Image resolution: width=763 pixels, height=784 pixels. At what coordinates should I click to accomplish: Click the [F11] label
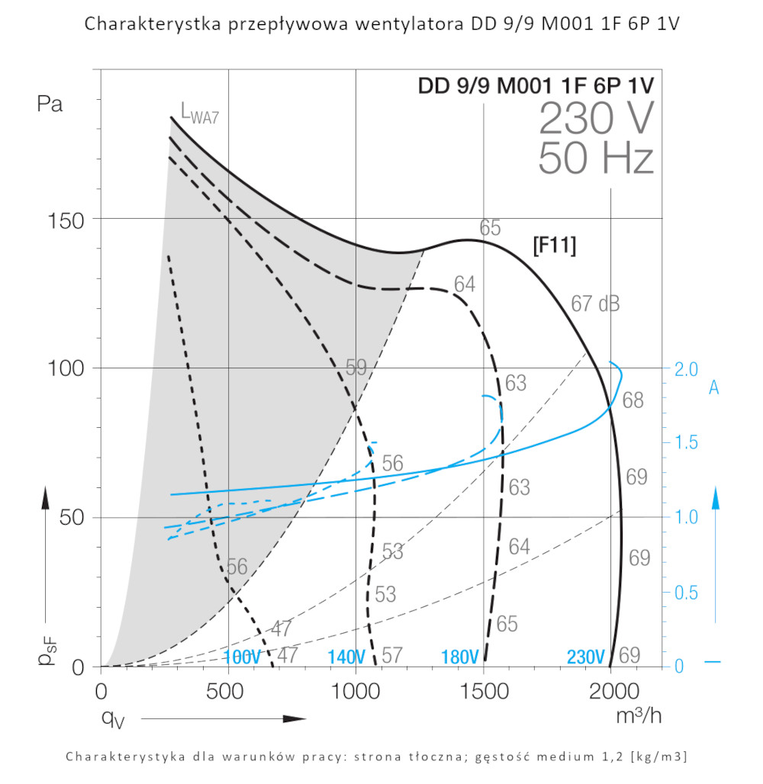[x=554, y=246]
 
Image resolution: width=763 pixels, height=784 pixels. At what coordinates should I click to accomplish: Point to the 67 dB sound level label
[x=595, y=304]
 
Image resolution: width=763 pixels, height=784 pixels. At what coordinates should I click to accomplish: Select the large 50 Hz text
[x=596, y=159]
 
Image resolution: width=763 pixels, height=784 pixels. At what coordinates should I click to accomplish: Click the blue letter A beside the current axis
[x=714, y=388]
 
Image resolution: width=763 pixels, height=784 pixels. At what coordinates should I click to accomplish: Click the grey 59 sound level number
[x=356, y=368]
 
